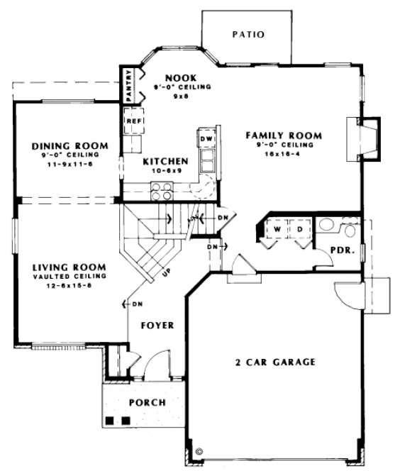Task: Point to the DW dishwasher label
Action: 206,139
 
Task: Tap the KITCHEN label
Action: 165,161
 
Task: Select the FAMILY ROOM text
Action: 284,135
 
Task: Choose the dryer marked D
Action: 299,230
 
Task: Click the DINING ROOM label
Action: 65,147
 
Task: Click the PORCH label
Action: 147,402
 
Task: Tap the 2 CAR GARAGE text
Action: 275,361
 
